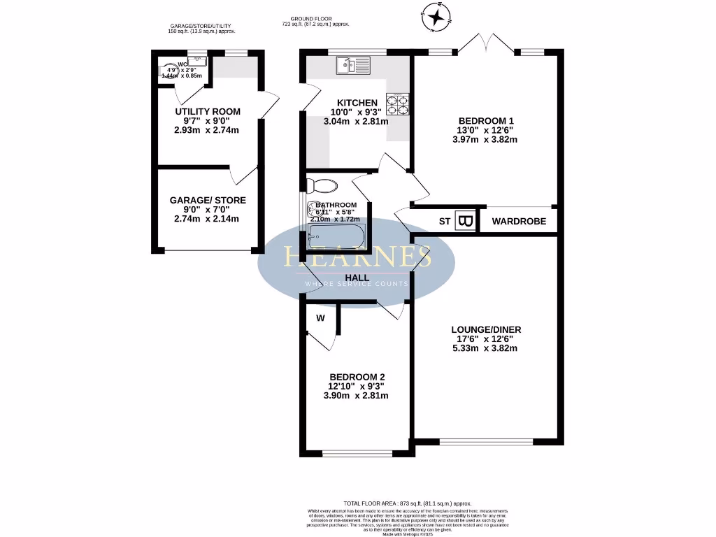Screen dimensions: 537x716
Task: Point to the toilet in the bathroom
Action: tap(321, 185)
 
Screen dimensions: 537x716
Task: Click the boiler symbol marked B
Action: tap(466, 221)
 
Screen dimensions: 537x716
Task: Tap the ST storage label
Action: tap(445, 222)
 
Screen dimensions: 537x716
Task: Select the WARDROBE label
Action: tap(517, 222)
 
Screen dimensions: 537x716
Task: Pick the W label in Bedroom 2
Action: tap(320, 318)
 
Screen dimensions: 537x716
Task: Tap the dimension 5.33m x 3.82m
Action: tap(485, 349)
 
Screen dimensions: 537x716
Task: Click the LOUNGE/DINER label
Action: tap(485, 329)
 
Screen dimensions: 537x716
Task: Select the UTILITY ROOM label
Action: tap(207, 111)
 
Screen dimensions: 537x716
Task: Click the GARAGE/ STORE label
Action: tap(208, 200)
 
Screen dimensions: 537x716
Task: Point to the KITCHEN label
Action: tap(357, 102)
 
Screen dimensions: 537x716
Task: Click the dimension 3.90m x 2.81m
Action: tap(357, 395)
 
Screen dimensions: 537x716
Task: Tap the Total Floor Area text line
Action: tap(408, 503)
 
